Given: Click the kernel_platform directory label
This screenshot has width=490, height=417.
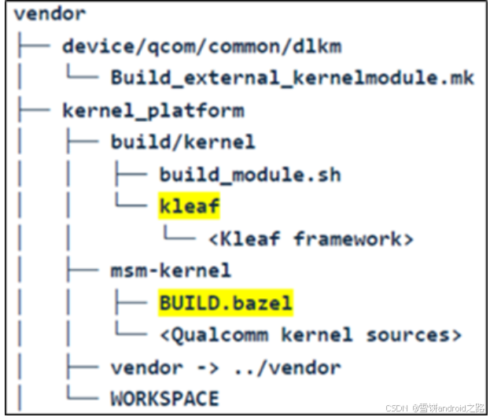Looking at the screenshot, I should [x=153, y=109].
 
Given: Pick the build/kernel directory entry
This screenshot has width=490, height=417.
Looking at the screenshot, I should [x=182, y=142].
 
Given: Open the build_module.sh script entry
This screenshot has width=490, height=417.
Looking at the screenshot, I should [x=250, y=174].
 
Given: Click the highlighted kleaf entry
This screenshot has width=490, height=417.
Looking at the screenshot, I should [x=190, y=206].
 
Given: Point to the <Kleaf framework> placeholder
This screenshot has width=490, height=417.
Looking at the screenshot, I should [x=311, y=238].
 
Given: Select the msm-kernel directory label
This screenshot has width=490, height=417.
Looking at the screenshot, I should [x=171, y=271].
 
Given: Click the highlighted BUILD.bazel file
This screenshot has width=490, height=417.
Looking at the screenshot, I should [x=226, y=302].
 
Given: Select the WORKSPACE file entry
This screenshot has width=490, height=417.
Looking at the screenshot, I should [x=164, y=398].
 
